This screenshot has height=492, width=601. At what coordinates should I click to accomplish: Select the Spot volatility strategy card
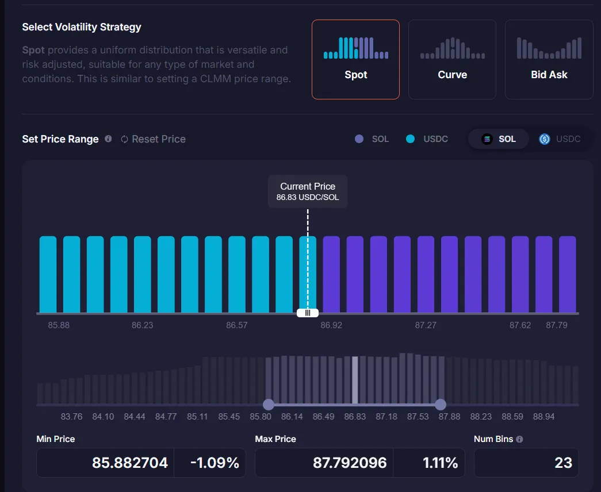click(x=355, y=59)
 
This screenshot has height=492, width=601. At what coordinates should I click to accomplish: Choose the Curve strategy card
click(x=452, y=59)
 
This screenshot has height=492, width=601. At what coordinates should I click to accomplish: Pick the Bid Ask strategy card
click(x=549, y=59)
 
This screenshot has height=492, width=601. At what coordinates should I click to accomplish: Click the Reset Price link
click(x=153, y=139)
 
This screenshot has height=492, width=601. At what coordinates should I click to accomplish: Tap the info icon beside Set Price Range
click(x=108, y=139)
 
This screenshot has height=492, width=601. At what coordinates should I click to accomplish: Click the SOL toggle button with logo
click(x=499, y=139)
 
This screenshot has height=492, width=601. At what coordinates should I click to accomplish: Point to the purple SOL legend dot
click(x=359, y=139)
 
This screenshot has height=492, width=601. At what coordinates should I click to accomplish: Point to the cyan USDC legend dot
click(x=410, y=139)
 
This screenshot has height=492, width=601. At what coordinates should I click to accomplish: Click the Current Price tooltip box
click(x=308, y=191)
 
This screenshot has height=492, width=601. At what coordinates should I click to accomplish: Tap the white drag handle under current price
click(x=308, y=313)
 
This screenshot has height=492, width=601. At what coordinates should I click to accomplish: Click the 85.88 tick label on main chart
click(x=59, y=325)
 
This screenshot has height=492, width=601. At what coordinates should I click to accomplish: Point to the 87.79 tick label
click(x=557, y=325)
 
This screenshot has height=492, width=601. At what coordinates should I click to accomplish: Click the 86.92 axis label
click(x=331, y=325)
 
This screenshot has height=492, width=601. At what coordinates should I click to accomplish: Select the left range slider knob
click(x=268, y=404)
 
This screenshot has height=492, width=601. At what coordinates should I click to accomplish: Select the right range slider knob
click(x=441, y=404)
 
